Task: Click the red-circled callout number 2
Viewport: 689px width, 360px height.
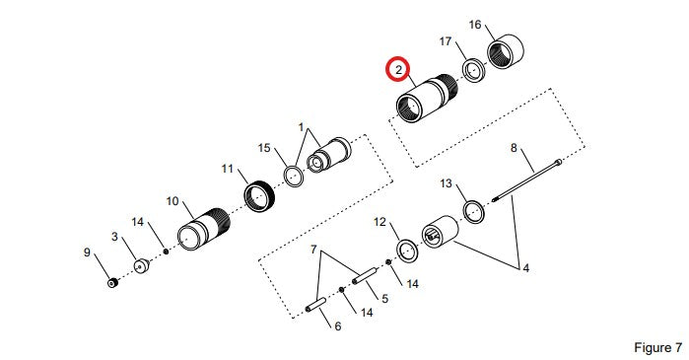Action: [398, 70]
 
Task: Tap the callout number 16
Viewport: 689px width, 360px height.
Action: [475, 25]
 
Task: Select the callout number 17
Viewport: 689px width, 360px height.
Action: [446, 41]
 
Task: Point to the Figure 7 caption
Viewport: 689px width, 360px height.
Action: [657, 348]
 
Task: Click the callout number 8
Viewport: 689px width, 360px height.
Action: [514, 148]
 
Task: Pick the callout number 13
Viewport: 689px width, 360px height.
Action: [446, 183]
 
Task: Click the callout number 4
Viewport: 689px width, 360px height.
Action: [526, 267]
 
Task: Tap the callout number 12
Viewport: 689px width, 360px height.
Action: [379, 222]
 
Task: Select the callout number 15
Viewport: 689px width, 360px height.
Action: [264, 148]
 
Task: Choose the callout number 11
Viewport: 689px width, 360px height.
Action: [227, 169]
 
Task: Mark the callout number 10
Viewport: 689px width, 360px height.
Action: [172, 201]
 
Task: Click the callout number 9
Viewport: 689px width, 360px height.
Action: [87, 252]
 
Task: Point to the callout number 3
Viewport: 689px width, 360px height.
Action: [114, 237]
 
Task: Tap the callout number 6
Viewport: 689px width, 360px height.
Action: [337, 326]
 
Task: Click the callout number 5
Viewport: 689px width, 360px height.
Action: [385, 299]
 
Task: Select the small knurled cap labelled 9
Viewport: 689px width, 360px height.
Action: [113, 283]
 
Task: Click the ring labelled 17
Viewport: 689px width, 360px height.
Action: [474, 70]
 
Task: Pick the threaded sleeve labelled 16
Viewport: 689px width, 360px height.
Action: [506, 51]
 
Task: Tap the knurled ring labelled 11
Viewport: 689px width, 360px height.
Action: [259, 195]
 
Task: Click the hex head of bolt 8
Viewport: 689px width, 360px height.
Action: [559, 162]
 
